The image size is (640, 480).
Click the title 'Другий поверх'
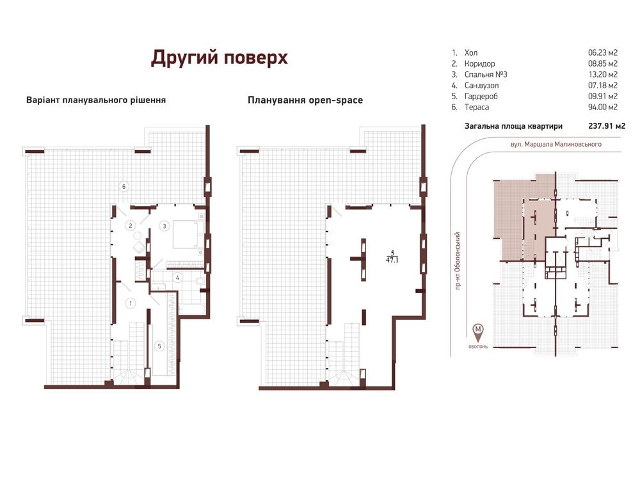coord(219,58)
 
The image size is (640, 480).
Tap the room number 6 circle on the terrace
coord(124,186)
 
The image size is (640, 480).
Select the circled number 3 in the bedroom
coord(164,226)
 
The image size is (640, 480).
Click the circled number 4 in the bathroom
coord(177,278)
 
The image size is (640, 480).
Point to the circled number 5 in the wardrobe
coord(159,346)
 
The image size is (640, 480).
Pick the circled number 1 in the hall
coord(131,303)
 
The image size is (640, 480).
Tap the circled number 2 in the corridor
coord(131,225)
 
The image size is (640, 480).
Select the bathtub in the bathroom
coord(192,308)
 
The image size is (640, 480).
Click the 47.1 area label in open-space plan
coord(392,260)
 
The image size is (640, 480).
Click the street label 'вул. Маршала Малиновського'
coord(556,144)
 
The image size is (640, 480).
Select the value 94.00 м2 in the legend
coord(603,107)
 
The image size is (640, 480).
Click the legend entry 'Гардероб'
coord(481,97)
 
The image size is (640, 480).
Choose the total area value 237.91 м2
coord(607,126)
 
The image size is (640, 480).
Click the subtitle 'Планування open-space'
coord(305,100)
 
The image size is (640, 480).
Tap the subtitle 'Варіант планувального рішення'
coord(96,100)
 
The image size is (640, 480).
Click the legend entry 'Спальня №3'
coord(486,74)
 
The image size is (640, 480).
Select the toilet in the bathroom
coord(200,281)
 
